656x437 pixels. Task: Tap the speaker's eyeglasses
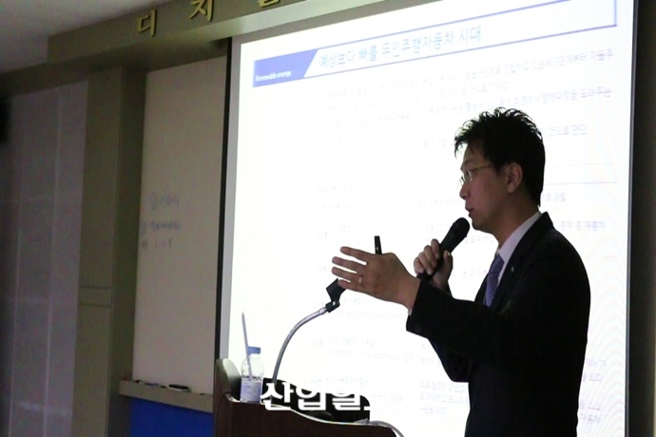tap(474, 174)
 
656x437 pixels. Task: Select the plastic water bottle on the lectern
tap(252, 374)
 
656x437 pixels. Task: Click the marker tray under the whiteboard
tap(165, 389)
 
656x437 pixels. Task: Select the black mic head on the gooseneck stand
tap(334, 294)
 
